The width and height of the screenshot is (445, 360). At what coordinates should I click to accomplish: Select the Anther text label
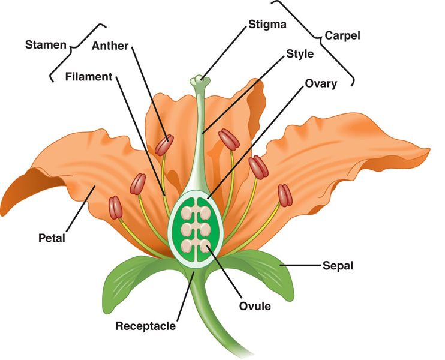pyautogui.click(x=110, y=46)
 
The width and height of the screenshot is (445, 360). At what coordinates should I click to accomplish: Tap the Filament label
pyautogui.click(x=89, y=77)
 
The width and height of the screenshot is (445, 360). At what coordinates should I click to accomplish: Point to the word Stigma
pyautogui.click(x=267, y=25)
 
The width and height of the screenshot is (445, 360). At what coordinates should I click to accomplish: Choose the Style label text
pyautogui.click(x=300, y=55)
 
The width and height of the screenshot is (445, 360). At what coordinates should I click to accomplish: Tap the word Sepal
pyautogui.click(x=338, y=265)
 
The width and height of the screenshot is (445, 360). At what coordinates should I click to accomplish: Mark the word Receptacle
pyautogui.click(x=146, y=326)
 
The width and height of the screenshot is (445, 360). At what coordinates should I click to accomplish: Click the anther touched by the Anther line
pyautogui.click(x=164, y=145)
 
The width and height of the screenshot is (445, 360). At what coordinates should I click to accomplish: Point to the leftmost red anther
pyautogui.click(x=115, y=207)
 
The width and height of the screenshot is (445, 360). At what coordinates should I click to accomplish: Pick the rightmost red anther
pyautogui.click(x=284, y=194)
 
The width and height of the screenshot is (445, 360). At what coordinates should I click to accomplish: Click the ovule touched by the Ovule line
pyautogui.click(x=205, y=245)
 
